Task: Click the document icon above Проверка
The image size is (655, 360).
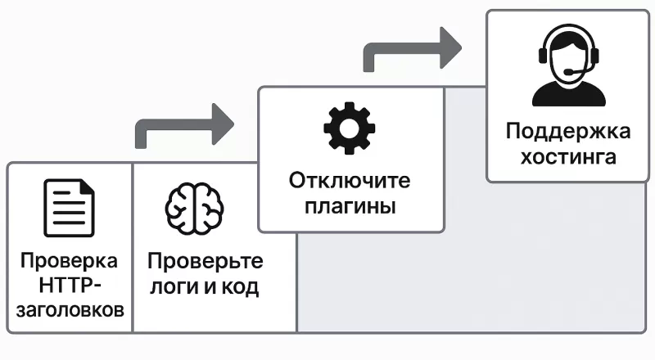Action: pyautogui.click(x=69, y=208)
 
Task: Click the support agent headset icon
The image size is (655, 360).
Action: pyautogui.click(x=568, y=66)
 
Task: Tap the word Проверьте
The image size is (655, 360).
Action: pyautogui.click(x=206, y=262)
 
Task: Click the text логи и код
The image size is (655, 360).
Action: pyautogui.click(x=206, y=287)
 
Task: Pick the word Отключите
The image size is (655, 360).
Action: pyautogui.click(x=349, y=180)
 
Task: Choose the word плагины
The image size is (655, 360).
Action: pyautogui.click(x=350, y=205)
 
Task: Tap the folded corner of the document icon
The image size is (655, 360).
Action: pyautogui.click(x=87, y=190)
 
